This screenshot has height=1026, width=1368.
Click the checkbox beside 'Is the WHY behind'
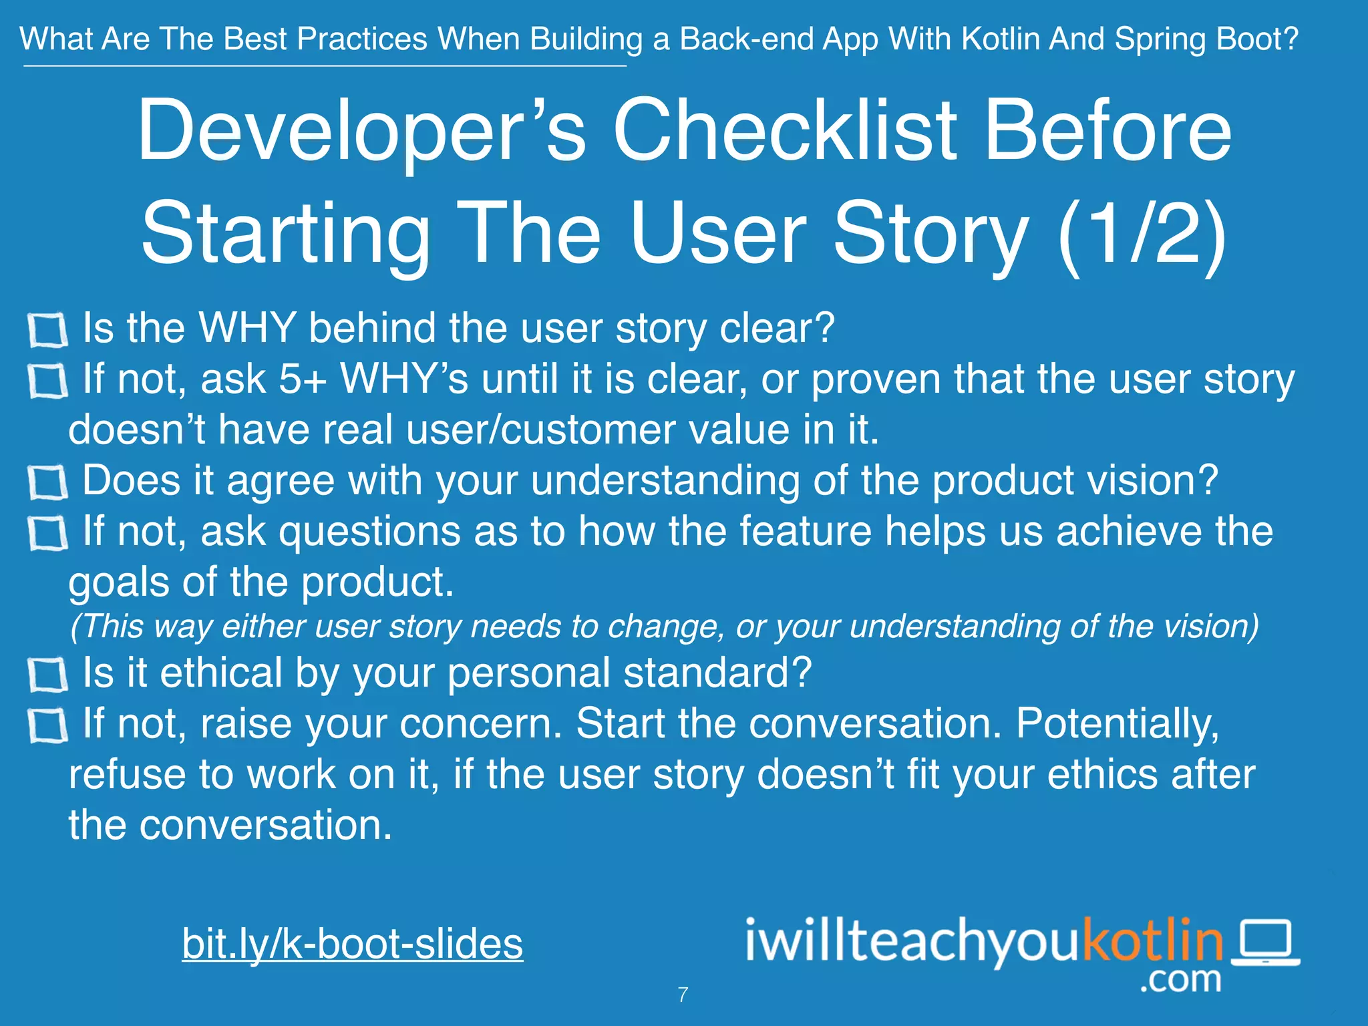(x=47, y=331)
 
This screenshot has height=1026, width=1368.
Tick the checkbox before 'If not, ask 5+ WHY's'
(x=47, y=381)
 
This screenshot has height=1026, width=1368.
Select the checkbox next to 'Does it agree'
(x=47, y=483)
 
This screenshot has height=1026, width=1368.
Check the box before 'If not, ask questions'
(x=47, y=534)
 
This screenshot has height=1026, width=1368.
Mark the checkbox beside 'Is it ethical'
(x=47, y=675)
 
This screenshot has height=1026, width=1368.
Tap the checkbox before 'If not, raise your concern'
(x=47, y=726)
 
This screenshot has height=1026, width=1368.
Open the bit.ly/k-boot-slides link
(x=352, y=943)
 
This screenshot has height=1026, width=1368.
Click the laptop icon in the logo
(x=1265, y=942)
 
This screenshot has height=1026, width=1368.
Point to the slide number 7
(x=683, y=995)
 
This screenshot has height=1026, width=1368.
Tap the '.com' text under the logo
(x=1180, y=979)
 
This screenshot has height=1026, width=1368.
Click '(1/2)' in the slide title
(x=1143, y=233)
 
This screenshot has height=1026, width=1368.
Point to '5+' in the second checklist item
(x=302, y=379)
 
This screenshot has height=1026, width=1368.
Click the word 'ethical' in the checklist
(x=220, y=673)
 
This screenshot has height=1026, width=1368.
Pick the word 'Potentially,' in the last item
(x=1117, y=724)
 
